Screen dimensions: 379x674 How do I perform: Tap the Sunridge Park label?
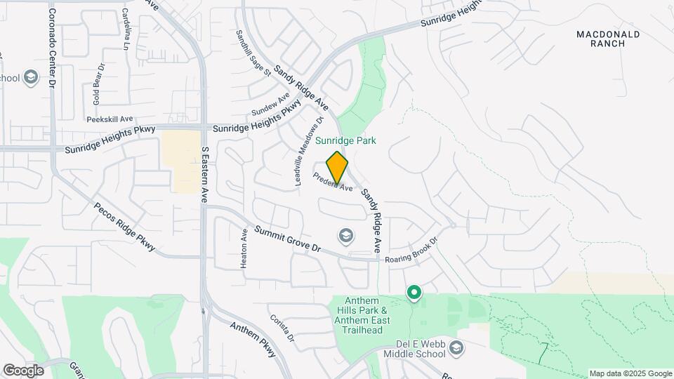(345, 140)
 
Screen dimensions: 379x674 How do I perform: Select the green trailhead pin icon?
(414, 292)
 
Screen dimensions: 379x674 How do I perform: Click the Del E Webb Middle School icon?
(456, 348)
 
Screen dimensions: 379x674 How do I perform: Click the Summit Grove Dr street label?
(287, 240)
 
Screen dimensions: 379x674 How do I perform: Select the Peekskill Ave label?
(110, 119)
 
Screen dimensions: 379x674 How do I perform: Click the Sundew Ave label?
(270, 106)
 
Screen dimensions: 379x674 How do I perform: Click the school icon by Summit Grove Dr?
(345, 236)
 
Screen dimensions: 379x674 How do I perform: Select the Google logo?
(22, 370)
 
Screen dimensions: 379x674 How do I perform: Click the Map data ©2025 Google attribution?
(630, 373)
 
